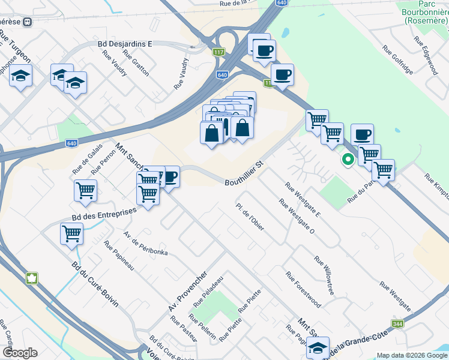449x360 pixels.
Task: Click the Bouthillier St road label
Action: coord(244,173)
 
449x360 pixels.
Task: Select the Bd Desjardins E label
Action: coord(125,44)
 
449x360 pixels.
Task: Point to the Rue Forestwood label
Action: coord(303,290)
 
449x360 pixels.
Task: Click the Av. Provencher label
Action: coord(188,291)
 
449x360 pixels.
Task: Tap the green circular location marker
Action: coord(348,160)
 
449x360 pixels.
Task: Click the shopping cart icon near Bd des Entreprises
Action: coord(72,233)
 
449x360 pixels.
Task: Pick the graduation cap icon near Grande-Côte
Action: coord(317,347)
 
